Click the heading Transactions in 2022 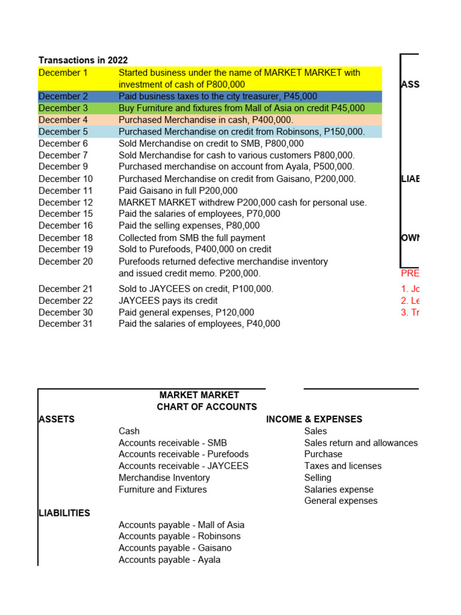pyautogui.click(x=83, y=60)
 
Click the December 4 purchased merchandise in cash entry pyautogui.click(x=206, y=120)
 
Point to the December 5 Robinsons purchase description pyautogui.click(x=241, y=132)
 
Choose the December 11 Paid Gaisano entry pyautogui.click(x=178, y=190)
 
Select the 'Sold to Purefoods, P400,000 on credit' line pyautogui.click(x=194, y=249)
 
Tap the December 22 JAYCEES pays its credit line pyautogui.click(x=168, y=300)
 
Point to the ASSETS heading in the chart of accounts pyautogui.click(x=56, y=419)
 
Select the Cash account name pyautogui.click(x=129, y=431)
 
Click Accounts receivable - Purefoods pyautogui.click(x=183, y=454)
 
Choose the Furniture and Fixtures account pyautogui.click(x=162, y=489)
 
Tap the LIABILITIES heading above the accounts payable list pyautogui.click(x=64, y=513)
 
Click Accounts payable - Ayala pyautogui.click(x=169, y=560)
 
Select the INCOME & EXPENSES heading pyautogui.click(x=314, y=419)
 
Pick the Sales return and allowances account pyautogui.click(x=361, y=443)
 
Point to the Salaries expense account pyautogui.click(x=339, y=489)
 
